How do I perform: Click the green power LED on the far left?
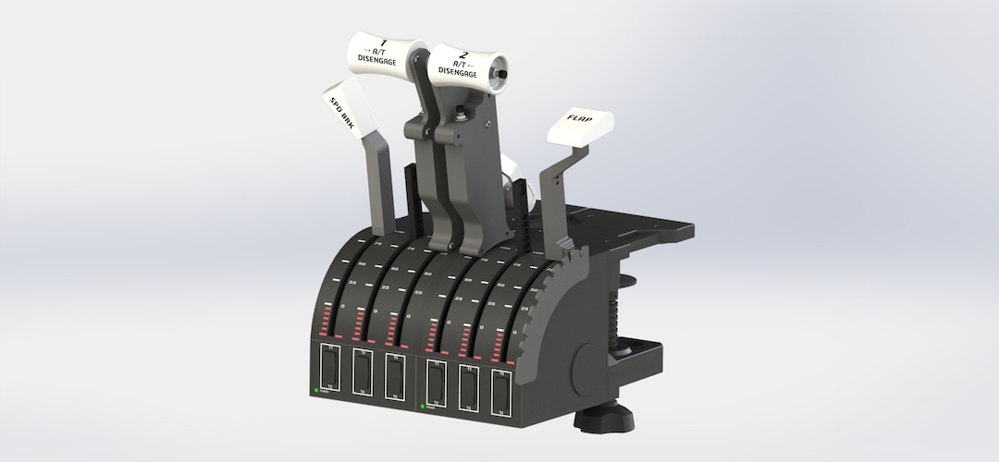tap(316, 394)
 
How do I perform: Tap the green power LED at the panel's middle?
tap(423, 406)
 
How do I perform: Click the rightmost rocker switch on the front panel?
tap(501, 394)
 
